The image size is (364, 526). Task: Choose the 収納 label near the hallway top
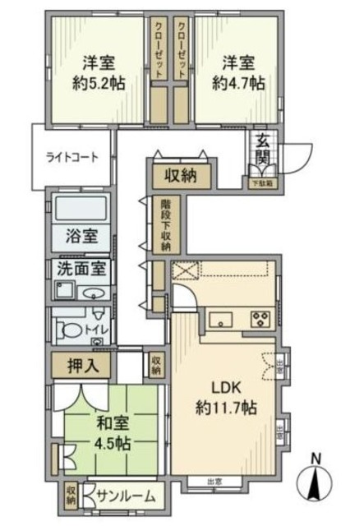178,174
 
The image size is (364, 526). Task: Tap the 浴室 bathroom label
81,238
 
